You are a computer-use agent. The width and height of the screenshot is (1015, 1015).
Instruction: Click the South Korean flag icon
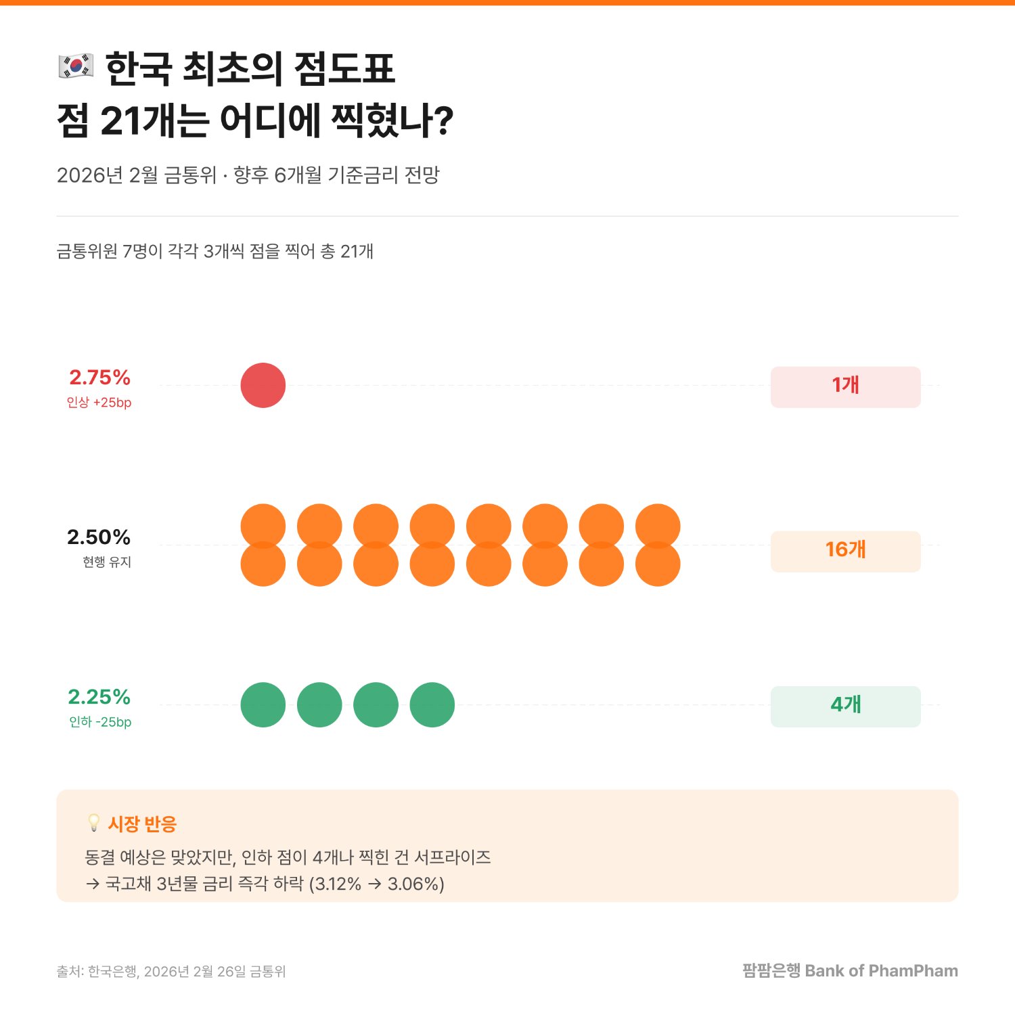[76, 66]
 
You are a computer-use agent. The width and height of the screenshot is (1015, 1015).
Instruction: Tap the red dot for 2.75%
[263, 386]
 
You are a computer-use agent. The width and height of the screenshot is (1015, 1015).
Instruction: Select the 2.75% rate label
[99, 378]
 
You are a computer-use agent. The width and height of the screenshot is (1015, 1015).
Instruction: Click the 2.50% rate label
[99, 537]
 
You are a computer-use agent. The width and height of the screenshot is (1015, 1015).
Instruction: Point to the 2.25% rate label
[99, 697]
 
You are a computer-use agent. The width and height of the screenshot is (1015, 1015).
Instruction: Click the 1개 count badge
[845, 387]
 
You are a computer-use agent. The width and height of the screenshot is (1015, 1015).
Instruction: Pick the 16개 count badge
[845, 551]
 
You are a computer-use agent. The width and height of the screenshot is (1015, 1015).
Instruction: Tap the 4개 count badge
[845, 706]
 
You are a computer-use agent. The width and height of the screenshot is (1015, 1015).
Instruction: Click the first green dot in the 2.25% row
[263, 705]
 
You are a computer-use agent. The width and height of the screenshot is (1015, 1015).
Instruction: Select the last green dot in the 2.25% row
[432, 705]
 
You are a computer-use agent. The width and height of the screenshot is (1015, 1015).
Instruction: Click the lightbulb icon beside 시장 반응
[94, 823]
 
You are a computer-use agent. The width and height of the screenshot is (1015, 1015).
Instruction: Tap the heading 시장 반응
[142, 824]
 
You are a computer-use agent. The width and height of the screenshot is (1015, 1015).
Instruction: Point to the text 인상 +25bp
[99, 403]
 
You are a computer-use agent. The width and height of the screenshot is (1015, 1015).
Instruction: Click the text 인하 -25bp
[100, 722]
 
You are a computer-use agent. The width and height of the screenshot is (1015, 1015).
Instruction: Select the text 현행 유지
[107, 562]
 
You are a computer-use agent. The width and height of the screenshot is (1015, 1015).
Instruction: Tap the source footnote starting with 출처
[171, 972]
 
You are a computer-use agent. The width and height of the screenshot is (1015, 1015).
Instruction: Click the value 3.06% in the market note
[415, 884]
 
